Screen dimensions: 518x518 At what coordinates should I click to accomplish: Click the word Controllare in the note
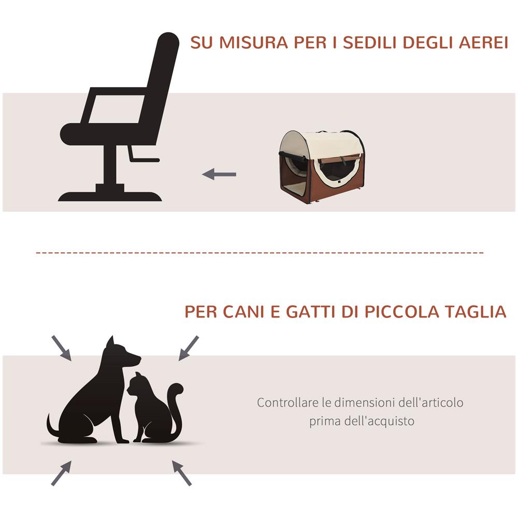tap(287, 402)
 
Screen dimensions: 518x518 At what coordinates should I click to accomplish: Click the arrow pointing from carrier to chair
tap(219, 175)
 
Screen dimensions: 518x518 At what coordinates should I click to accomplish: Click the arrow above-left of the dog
tap(62, 348)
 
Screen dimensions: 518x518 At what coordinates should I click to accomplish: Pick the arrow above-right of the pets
tap(189, 348)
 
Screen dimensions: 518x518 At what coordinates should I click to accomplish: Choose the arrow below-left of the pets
tap(61, 473)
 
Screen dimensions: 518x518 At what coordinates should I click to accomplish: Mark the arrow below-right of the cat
tap(182, 473)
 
